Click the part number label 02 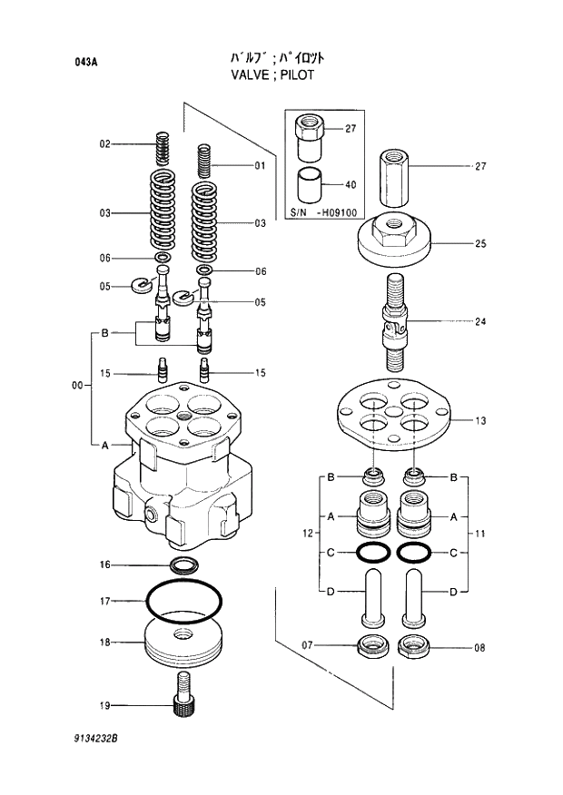tap(104, 144)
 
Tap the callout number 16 tap(104, 564)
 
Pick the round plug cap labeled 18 tap(184, 643)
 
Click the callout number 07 tap(308, 645)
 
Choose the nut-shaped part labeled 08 tap(414, 647)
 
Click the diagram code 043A tap(87, 63)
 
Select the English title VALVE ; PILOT tap(272, 75)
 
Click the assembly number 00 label tap(77, 387)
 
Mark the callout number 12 tap(308, 532)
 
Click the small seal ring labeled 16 tap(185, 566)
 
